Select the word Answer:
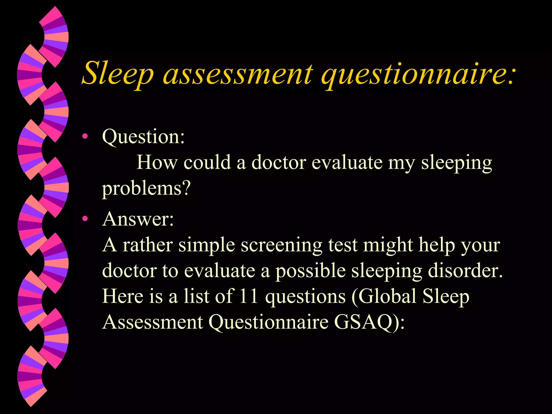(x=138, y=219)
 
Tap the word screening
(x=281, y=245)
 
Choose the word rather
(x=147, y=245)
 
